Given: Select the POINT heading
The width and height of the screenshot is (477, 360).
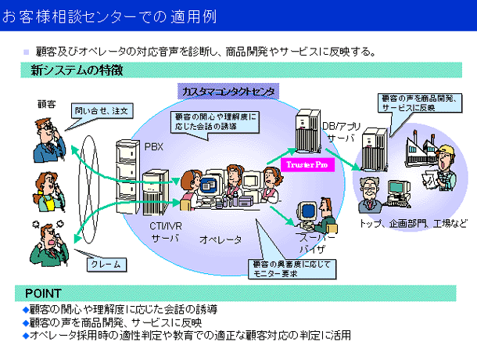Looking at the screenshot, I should click(44, 293).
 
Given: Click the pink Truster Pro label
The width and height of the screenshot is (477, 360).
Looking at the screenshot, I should click(309, 164).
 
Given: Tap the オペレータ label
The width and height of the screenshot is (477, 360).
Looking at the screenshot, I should click(220, 239).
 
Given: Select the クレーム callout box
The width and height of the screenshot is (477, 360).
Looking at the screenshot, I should click(106, 265).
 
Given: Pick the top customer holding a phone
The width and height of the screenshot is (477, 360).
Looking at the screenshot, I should click(44, 138).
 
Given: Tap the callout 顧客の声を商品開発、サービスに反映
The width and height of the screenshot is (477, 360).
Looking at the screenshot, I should click(407, 103).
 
